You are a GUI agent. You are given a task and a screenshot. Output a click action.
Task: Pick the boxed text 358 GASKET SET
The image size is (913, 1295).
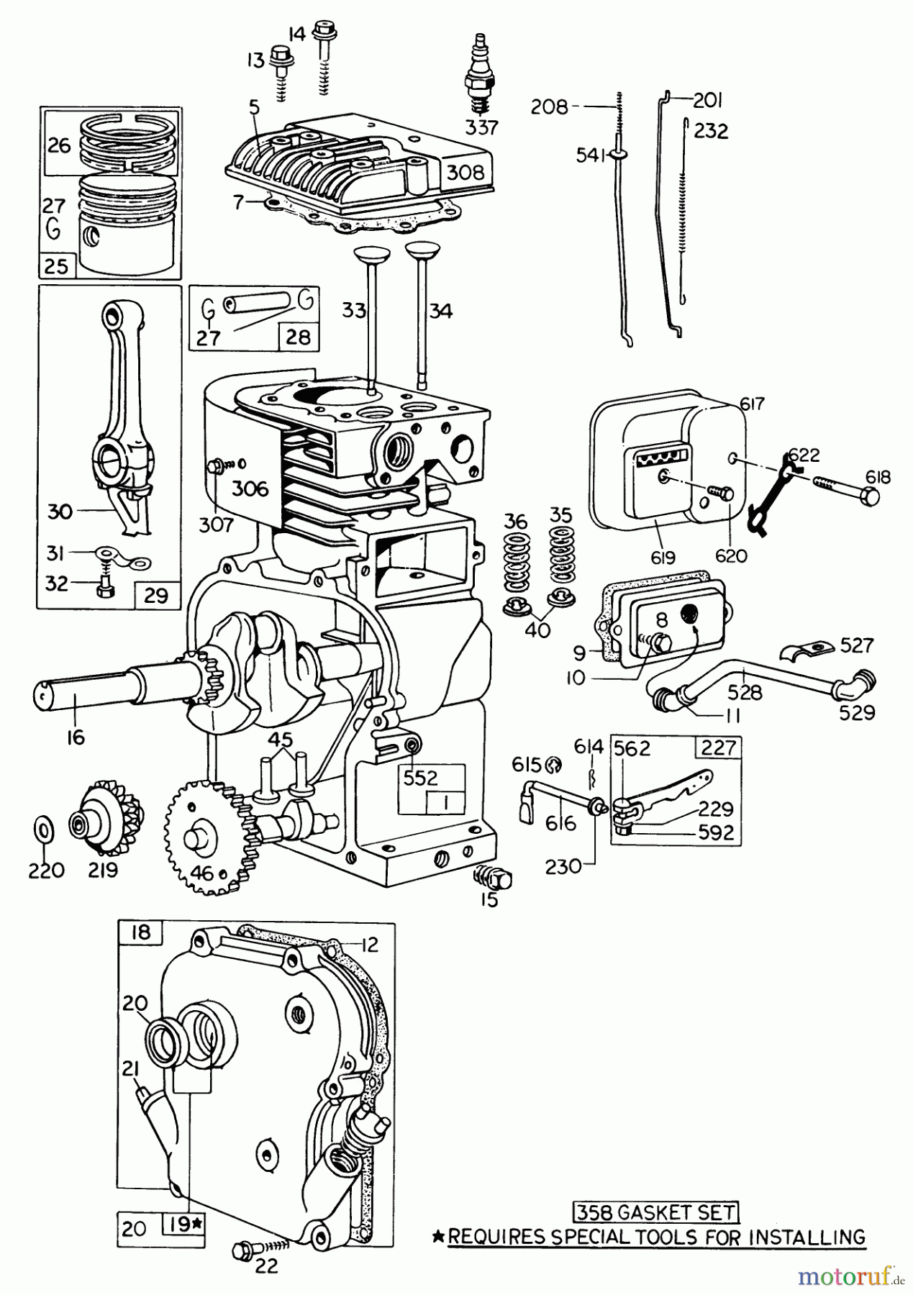656,1212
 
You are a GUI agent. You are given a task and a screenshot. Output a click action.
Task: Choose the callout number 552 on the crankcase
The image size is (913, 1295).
420,778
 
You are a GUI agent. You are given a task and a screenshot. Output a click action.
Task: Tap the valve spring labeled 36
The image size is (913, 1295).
515,568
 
